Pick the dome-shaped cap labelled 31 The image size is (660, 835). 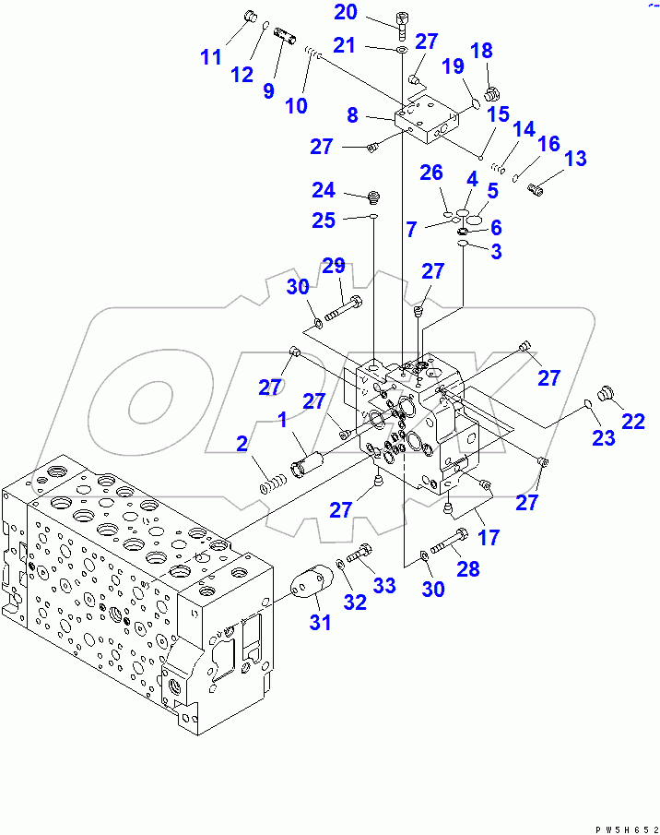[x=309, y=587]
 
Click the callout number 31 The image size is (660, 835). [x=319, y=623]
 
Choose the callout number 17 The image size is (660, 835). [x=489, y=536]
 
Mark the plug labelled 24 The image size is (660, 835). [x=374, y=196]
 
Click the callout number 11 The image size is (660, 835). [x=211, y=57]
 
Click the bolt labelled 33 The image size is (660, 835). [x=361, y=554]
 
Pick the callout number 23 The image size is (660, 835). [x=604, y=438]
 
